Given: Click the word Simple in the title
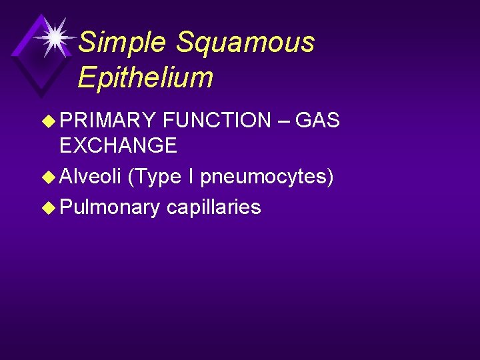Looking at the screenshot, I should [122, 43].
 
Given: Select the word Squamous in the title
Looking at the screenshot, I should [245, 43].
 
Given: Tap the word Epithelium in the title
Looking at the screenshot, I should [145, 77].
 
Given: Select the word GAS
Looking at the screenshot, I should [317, 121].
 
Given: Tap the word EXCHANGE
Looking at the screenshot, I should [118, 145].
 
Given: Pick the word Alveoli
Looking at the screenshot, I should [90, 177].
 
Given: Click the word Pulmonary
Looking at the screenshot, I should [110, 208].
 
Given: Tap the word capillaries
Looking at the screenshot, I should [213, 208].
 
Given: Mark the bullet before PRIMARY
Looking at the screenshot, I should [50, 121].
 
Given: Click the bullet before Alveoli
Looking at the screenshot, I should [50, 177].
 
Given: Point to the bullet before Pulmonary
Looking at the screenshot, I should [50, 208].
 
